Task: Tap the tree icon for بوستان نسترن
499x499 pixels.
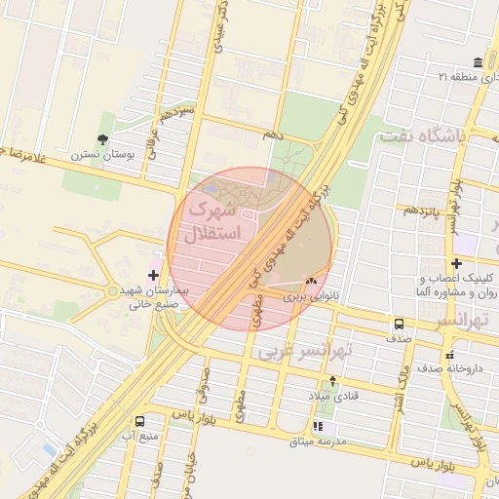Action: click(104, 139)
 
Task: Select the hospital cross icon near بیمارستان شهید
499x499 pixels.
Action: click(153, 276)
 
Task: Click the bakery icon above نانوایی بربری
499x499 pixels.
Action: click(311, 280)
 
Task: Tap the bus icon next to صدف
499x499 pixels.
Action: click(399, 324)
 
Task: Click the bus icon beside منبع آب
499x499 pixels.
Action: click(139, 422)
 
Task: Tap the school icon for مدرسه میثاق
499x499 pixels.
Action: click(318, 427)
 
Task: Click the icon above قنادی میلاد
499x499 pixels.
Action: click(333, 381)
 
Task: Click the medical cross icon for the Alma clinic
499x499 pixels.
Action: click(456, 263)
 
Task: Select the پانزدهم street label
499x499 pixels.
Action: click(423, 211)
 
